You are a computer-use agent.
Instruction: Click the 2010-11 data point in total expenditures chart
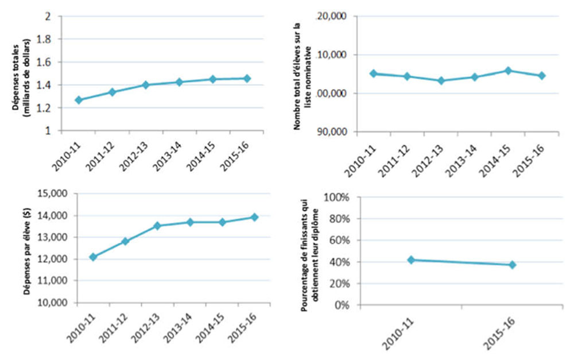(x=79, y=100)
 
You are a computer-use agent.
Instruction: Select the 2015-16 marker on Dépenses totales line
(x=247, y=78)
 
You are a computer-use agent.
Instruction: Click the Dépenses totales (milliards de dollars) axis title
(x=22, y=73)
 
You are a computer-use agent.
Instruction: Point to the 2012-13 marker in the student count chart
(x=441, y=80)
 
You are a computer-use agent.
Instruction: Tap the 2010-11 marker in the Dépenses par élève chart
(x=77, y=257)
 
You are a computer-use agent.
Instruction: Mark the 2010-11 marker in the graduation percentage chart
(x=411, y=260)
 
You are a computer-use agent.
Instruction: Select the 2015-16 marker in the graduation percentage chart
(x=512, y=265)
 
